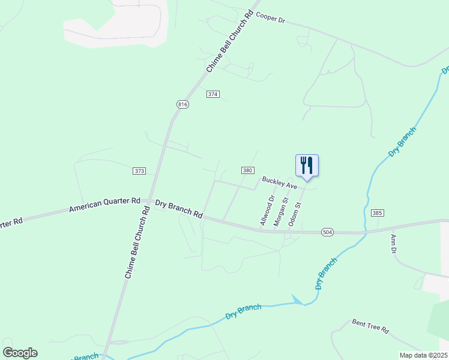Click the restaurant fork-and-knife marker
[307, 166]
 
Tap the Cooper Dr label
[270, 18]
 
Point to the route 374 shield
[213, 94]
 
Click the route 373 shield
[139, 171]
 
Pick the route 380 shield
[247, 170]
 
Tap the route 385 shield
[377, 213]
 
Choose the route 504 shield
[327, 232]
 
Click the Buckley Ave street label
[279, 182]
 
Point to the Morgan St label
[281, 212]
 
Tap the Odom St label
[295, 213]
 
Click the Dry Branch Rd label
[179, 208]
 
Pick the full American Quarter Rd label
[104, 205]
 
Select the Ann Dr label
[394, 243]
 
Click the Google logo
[20, 352]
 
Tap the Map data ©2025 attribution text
[423, 355]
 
